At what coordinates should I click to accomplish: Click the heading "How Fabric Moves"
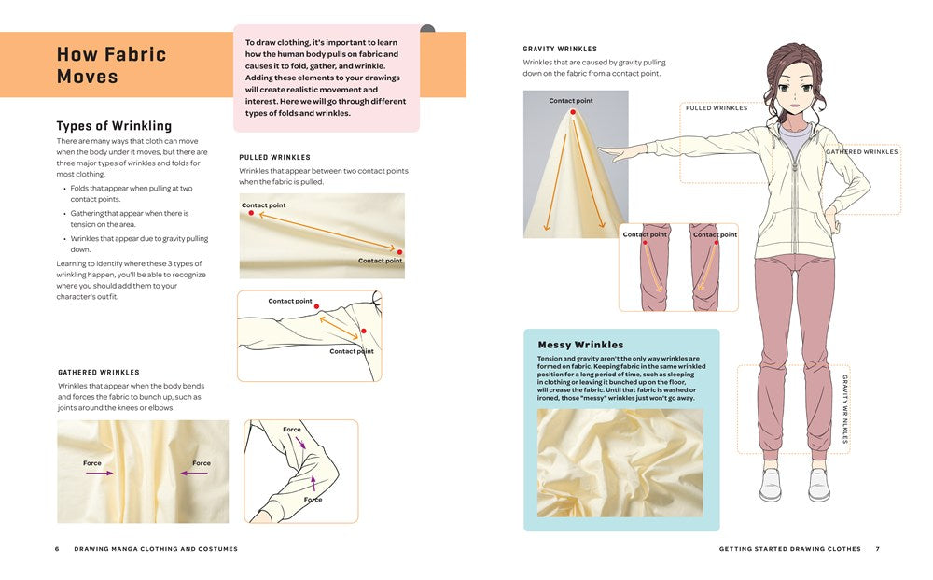pos(111,64)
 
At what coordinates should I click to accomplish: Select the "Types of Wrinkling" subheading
pos(114,126)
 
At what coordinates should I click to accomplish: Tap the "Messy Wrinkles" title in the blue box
pos(580,345)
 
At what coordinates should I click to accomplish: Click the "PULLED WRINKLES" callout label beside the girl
pos(717,108)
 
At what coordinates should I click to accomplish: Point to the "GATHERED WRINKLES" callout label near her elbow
pos(862,151)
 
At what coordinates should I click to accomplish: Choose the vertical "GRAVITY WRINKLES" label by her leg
pos(845,408)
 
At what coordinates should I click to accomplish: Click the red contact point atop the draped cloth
pos(572,112)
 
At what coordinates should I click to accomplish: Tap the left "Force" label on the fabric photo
pos(91,463)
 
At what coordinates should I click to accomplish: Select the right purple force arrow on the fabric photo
pos(193,473)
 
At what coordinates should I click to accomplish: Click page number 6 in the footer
pos(57,549)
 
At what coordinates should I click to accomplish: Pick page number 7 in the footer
pos(877,549)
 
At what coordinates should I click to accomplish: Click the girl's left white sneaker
pos(770,484)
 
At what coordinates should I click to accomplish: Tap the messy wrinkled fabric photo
pos(620,462)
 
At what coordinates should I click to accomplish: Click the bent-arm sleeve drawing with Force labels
pos(301,471)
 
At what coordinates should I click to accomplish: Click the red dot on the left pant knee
pos(645,242)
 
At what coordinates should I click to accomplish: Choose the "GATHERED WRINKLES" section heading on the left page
pos(99,372)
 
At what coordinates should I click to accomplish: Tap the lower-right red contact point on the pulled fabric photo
pos(399,252)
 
